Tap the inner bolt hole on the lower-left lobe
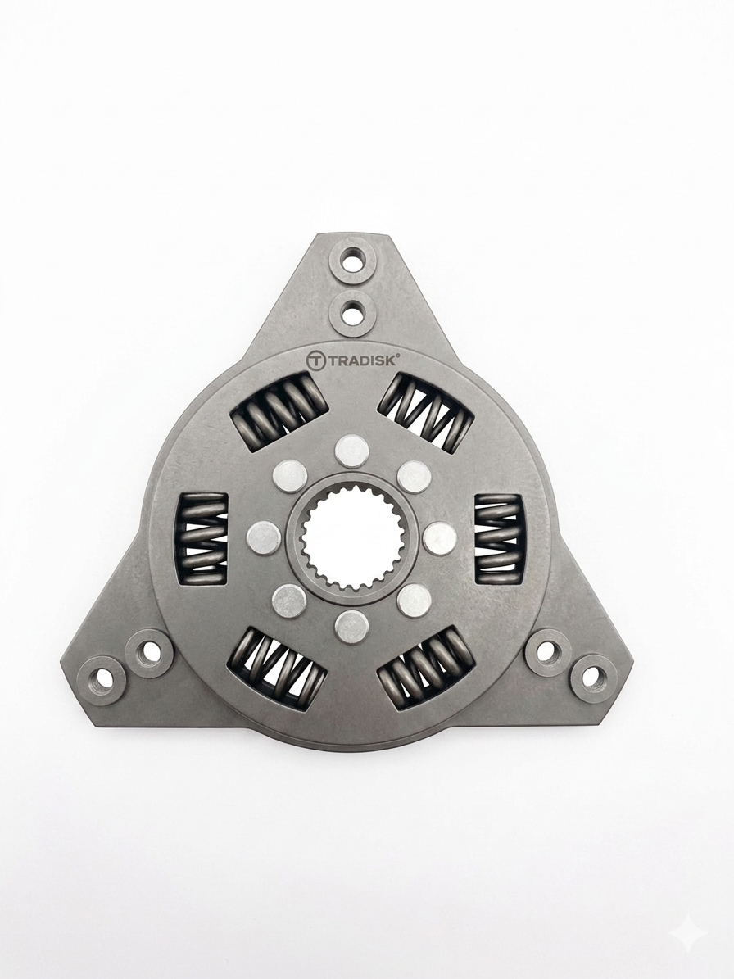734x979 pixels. pyautogui.click(x=148, y=652)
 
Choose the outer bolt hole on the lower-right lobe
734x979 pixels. pyautogui.click(x=594, y=676)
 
